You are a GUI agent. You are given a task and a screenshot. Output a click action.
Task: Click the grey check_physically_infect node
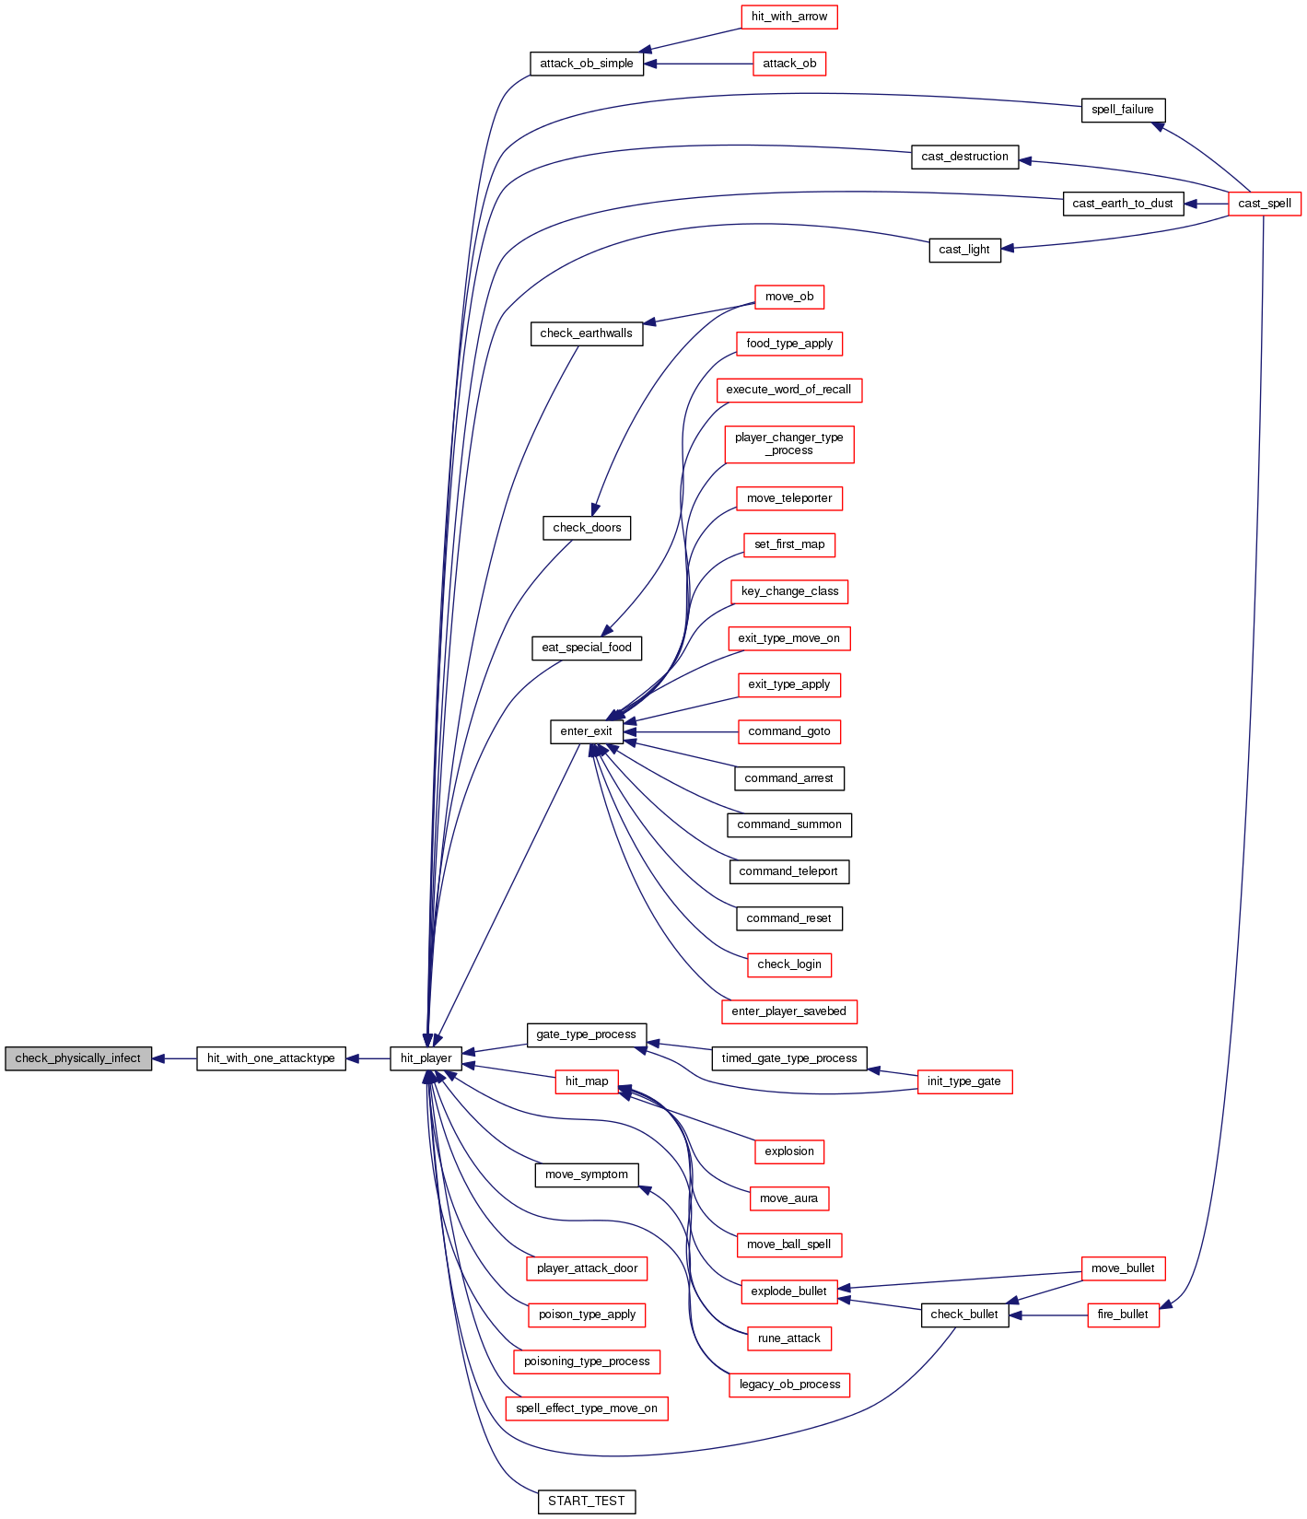pos(78,1058)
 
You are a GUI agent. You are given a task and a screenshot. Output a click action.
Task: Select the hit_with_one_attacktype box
pos(271,1058)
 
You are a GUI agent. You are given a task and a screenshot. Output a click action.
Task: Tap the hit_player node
pos(426,1058)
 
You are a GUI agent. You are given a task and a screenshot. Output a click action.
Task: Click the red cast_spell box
pos(1264,204)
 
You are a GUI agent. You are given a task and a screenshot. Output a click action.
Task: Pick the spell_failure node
pos(1122,110)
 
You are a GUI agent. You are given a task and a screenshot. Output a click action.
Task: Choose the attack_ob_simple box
pos(586,64)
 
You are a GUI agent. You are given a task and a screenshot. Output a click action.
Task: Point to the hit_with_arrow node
pos(788,17)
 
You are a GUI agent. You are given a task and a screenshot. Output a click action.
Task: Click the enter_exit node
pos(586,731)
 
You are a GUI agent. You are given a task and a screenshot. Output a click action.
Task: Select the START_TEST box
pos(586,1501)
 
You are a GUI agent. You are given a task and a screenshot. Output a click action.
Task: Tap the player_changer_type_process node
pos(788,444)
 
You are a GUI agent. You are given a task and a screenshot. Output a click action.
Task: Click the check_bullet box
pos(963,1315)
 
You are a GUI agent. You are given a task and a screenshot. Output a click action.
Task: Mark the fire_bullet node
pos(1123,1315)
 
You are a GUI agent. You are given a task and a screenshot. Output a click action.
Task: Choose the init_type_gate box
pos(963,1081)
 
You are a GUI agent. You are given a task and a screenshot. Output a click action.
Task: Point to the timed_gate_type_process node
pos(788,1058)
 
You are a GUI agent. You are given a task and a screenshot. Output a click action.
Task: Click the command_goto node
pos(788,731)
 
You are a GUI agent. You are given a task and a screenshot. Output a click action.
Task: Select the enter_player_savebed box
pos(788,1011)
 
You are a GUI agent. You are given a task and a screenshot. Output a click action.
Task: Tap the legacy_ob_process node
pos(788,1385)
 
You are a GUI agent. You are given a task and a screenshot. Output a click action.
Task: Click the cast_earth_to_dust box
pos(1122,204)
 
